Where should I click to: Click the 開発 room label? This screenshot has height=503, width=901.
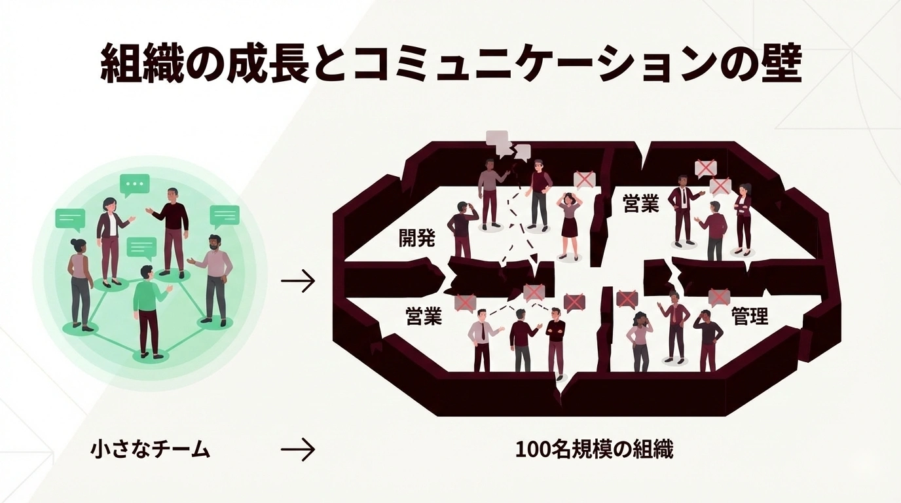pyautogui.click(x=416, y=238)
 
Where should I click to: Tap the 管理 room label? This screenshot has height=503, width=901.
pyautogui.click(x=750, y=317)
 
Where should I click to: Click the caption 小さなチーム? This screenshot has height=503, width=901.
pyautogui.click(x=151, y=450)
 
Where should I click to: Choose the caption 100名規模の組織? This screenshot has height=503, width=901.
pyautogui.click(x=594, y=450)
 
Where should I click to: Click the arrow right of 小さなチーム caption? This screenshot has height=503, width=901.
pyautogui.click(x=298, y=450)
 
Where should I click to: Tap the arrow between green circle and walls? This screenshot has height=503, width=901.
pyautogui.click(x=298, y=282)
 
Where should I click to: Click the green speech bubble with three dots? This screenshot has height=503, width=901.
pyautogui.click(x=135, y=185)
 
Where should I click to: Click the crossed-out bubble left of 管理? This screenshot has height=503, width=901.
pyautogui.click(x=718, y=297)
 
